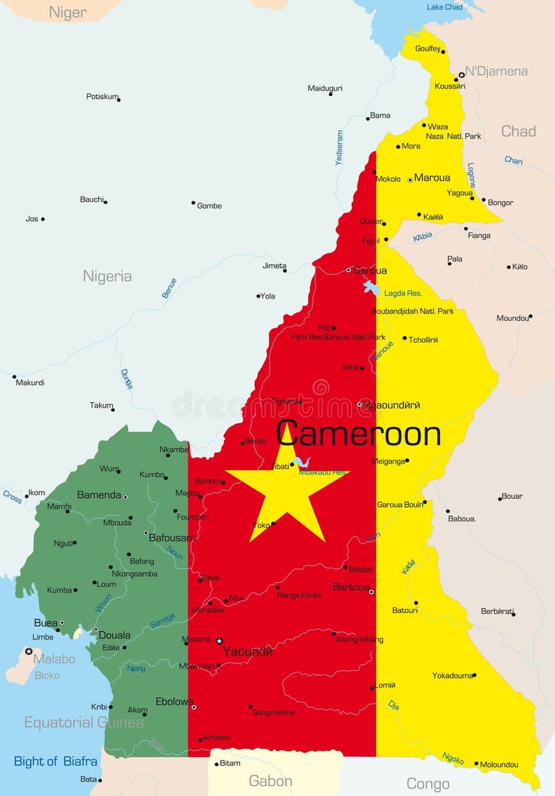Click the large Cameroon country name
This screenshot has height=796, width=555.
tap(358, 434)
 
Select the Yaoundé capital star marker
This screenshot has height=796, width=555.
tap(219, 641)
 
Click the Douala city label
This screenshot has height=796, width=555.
tap(114, 635)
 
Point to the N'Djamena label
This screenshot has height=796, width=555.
tap(496, 71)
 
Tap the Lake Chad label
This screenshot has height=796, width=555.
tap(444, 7)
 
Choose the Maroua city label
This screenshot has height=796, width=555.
tap(432, 178)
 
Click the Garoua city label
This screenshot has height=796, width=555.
tap(370, 270)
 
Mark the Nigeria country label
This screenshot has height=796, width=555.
tap(107, 275)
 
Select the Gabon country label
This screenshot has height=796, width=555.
tap(270, 781)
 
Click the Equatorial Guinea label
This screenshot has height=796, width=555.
tap(84, 722)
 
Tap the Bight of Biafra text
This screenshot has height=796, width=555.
tap(56, 761)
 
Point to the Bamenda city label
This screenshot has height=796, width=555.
tap(99, 495)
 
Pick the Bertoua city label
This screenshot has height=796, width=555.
tap(350, 587)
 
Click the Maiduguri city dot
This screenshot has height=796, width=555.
tap(330, 94)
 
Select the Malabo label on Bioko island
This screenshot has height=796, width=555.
tap(54, 659)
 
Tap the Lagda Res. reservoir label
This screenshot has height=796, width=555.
tap(403, 294)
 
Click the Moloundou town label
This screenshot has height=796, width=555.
tap(499, 764)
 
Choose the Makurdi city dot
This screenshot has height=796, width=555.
tap(14, 377)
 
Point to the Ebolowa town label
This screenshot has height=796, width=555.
tap(173, 701)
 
